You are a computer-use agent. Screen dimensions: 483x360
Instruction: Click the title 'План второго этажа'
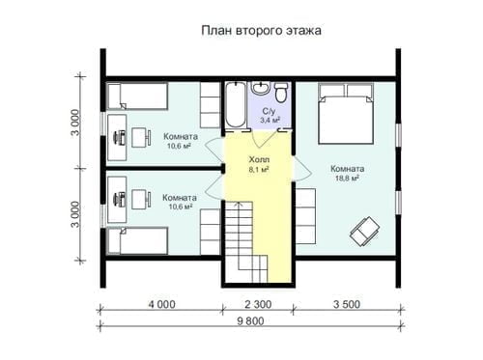point(261,31)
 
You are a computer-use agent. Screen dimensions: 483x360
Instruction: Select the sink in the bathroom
point(260,88)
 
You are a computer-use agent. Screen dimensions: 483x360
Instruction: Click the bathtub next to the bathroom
point(235,105)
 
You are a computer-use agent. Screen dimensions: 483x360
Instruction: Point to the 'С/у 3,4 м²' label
point(270,116)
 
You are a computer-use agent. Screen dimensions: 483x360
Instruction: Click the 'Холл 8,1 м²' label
point(259,164)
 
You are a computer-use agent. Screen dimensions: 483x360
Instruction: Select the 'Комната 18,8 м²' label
point(348,174)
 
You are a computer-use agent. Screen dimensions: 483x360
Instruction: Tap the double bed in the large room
point(346,114)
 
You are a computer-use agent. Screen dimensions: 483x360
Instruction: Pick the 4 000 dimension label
point(162,304)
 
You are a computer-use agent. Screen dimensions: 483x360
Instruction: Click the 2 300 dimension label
point(258,304)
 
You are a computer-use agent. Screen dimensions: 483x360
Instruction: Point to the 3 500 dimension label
point(347,304)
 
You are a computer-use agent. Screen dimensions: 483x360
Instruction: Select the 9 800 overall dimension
point(250,321)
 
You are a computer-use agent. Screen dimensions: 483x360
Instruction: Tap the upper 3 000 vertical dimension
point(75,123)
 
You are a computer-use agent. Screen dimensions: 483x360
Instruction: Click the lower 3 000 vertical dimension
point(75,214)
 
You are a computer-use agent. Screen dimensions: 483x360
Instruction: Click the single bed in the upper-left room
point(137,97)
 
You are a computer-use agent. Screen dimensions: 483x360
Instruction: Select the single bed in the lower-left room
point(137,240)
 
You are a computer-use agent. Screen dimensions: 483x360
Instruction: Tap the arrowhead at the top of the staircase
point(238,204)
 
